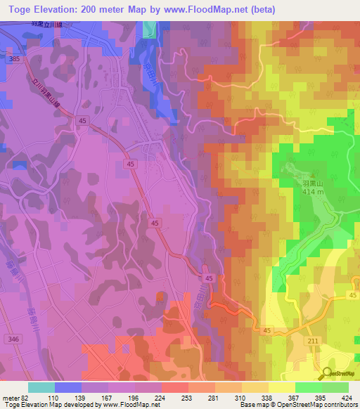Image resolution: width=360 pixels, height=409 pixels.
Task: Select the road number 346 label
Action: [12, 339]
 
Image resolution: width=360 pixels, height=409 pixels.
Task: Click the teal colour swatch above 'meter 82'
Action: [41, 387]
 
